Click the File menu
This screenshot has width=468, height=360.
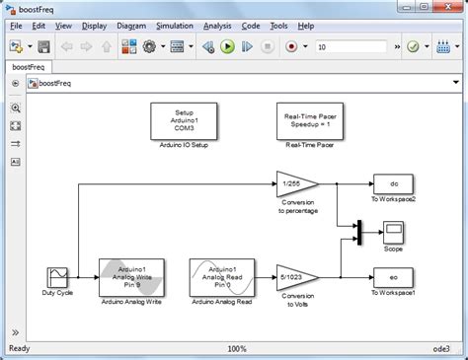click(16, 25)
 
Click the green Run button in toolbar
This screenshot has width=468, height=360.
click(227, 46)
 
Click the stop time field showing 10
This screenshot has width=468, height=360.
click(355, 46)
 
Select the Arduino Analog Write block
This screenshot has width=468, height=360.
click(132, 277)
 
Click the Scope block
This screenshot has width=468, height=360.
click(393, 231)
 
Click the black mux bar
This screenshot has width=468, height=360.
click(357, 231)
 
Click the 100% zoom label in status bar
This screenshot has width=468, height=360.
click(236, 349)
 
